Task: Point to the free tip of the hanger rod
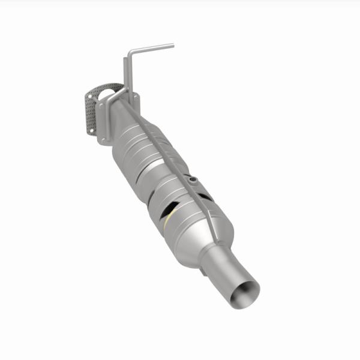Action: [x=173, y=45]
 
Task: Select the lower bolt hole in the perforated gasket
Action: [x=91, y=129]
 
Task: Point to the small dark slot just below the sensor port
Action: [x=206, y=197]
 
